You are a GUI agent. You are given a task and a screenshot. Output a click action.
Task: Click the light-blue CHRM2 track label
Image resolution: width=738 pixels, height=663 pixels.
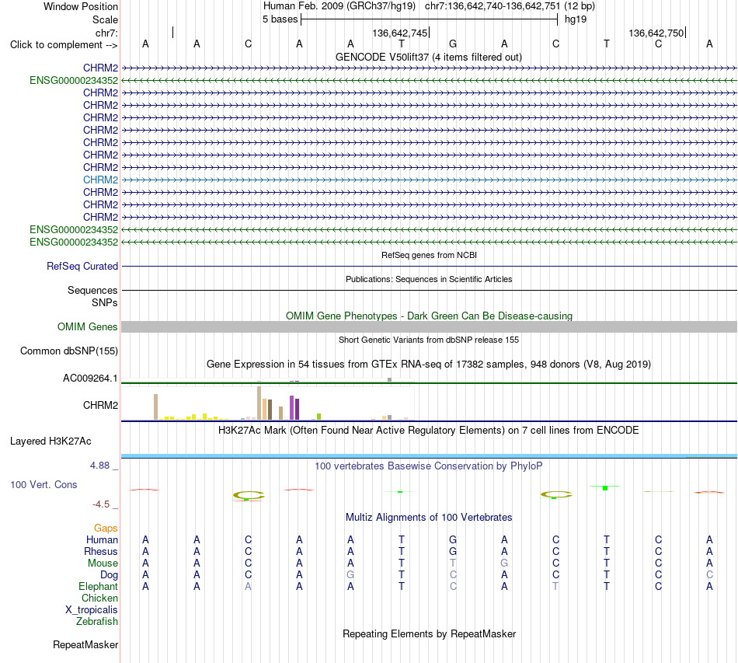click(x=100, y=180)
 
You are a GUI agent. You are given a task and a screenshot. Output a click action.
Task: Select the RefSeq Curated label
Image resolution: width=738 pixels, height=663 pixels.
click(x=82, y=266)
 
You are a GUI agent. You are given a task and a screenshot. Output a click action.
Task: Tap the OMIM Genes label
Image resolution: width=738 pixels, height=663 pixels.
click(x=88, y=326)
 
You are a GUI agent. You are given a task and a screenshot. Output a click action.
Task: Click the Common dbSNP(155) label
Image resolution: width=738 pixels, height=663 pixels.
click(x=69, y=351)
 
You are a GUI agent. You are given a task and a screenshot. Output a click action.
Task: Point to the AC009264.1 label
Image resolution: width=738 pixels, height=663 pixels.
click(x=90, y=378)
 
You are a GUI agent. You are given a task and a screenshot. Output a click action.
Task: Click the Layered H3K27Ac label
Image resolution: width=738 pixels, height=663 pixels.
click(x=50, y=441)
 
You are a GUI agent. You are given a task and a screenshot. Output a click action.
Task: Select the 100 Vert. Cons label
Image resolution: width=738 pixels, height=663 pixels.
click(x=44, y=484)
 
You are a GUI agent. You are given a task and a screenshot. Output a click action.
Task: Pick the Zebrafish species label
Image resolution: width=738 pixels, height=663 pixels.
click(x=97, y=622)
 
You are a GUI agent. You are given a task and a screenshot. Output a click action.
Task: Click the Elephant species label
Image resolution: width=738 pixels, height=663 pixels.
click(x=99, y=586)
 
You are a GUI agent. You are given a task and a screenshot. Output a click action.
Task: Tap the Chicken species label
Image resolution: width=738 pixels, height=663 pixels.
click(x=99, y=598)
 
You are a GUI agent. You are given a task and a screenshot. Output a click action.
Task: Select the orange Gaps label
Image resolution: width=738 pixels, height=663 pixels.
click(x=106, y=529)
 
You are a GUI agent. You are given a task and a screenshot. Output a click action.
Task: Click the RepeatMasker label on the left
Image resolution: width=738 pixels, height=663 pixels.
click(x=85, y=644)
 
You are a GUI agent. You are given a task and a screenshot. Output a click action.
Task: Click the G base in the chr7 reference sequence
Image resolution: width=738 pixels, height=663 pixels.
click(x=453, y=44)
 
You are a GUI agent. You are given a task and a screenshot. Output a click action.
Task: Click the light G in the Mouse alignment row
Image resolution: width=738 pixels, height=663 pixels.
click(x=504, y=564)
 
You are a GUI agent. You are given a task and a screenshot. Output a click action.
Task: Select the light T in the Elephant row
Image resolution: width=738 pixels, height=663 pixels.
click(x=555, y=586)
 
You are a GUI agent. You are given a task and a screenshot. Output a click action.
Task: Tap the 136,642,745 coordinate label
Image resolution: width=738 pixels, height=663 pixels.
click(x=399, y=33)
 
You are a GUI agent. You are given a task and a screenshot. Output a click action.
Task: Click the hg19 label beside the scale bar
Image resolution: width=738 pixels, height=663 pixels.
click(x=576, y=19)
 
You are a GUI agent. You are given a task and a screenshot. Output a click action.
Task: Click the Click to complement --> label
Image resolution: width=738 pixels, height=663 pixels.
click(x=64, y=45)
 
